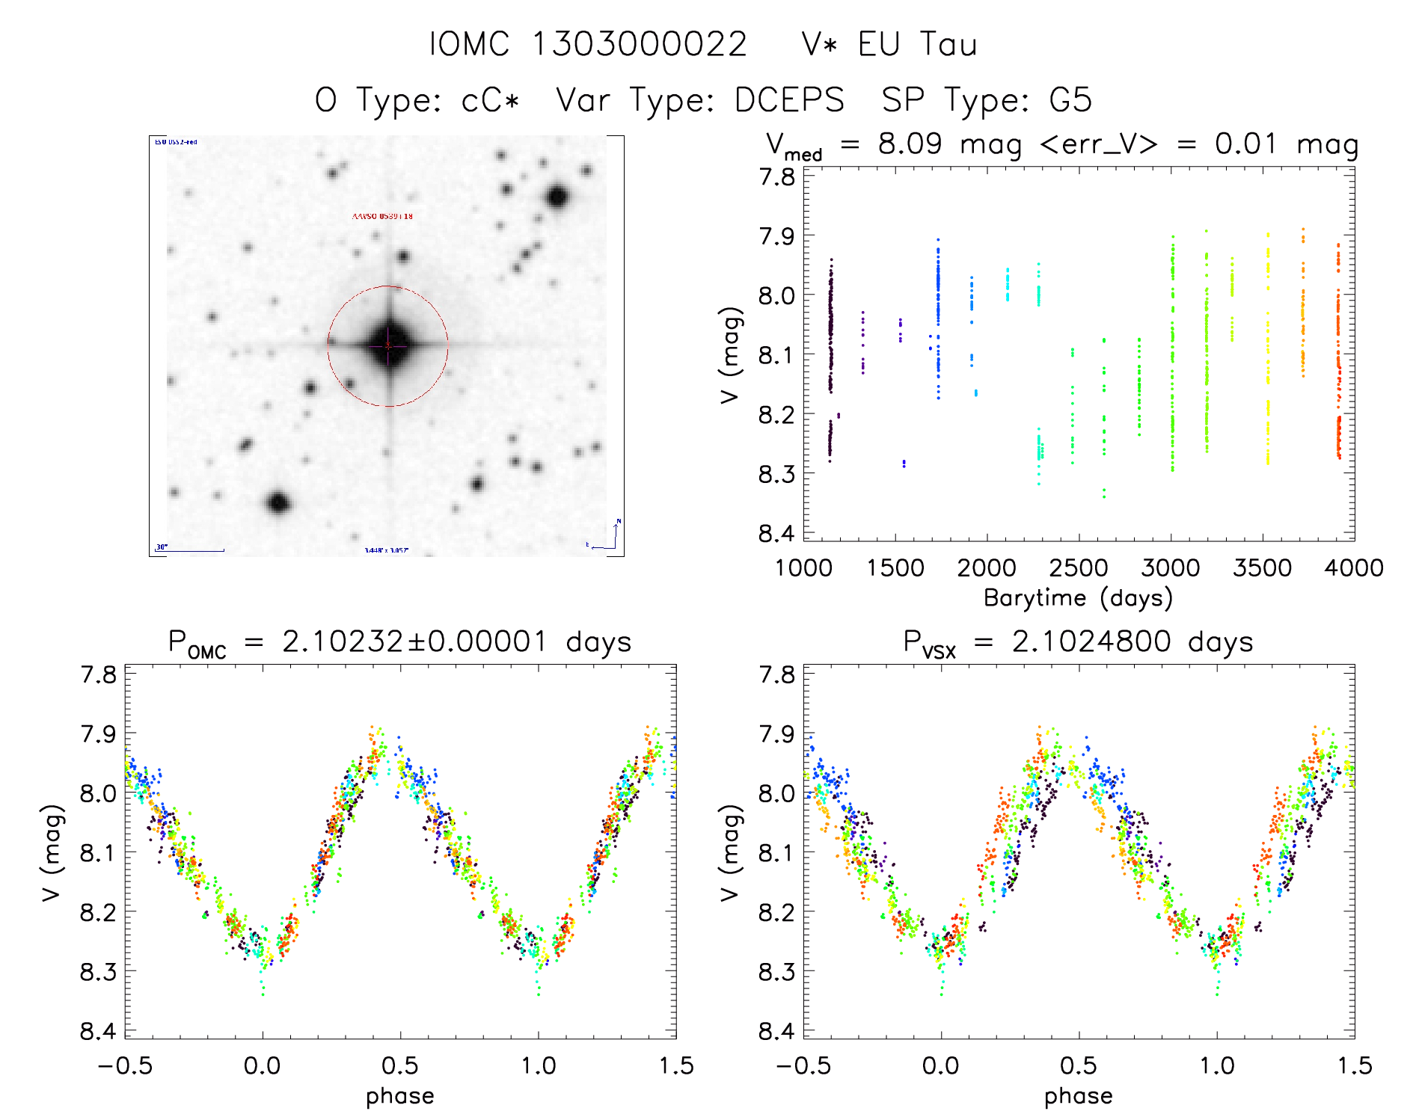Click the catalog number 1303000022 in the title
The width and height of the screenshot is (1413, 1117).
pyautogui.click(x=640, y=44)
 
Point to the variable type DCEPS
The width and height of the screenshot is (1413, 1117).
pyautogui.click(x=789, y=100)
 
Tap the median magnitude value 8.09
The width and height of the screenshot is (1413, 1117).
pyautogui.click(x=910, y=144)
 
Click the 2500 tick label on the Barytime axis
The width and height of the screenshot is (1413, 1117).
pyautogui.click(x=1079, y=568)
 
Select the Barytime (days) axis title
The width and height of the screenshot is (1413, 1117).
pyautogui.click(x=1078, y=598)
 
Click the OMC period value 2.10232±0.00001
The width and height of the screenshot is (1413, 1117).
pyautogui.click(x=414, y=641)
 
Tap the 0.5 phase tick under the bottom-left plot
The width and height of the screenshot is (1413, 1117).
pyautogui.click(x=400, y=1065)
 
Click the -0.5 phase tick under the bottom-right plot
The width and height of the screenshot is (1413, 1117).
pyautogui.click(x=803, y=1065)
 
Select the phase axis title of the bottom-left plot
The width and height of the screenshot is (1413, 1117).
pyautogui.click(x=400, y=1096)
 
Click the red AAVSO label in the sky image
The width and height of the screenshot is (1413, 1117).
pyautogui.click(x=382, y=216)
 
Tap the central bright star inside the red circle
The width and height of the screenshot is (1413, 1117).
pyautogui.click(x=388, y=345)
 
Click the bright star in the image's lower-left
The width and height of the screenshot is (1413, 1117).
pyautogui.click(x=278, y=502)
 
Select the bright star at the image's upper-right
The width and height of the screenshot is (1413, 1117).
pyautogui.click(x=557, y=197)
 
